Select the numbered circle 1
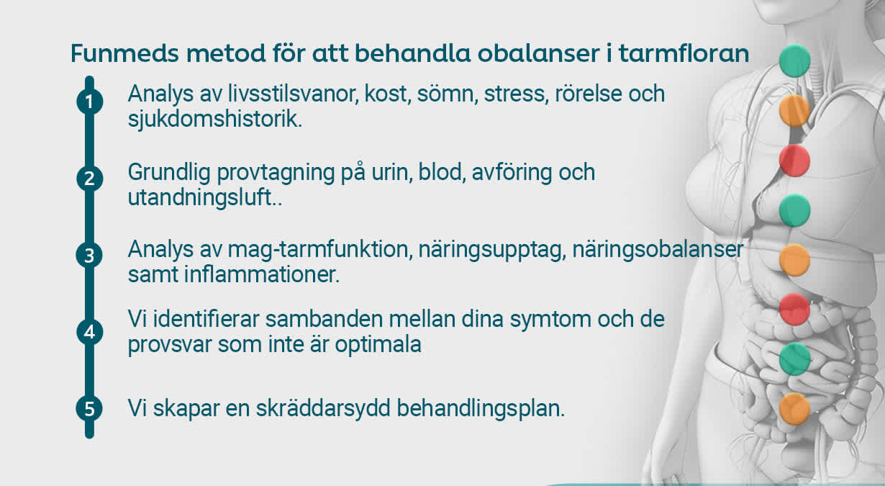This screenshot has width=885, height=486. coord(89,102)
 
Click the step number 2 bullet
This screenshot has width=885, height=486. coord(89,179)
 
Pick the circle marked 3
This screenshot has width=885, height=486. coord(89,256)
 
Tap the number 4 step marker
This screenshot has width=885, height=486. coord(89,333)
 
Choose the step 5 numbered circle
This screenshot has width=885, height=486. coord(89,409)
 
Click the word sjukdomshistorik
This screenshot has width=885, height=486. coord(214,120)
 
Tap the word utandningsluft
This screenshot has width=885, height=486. coord(201,197)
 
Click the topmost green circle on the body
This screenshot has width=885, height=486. coord(794,60)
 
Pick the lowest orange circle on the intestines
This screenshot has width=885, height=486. coord(794,408)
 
